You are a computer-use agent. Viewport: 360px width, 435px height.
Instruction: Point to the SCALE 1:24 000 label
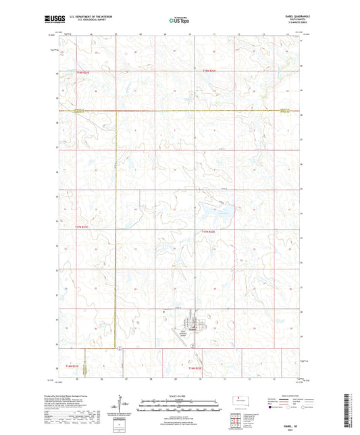(179, 395)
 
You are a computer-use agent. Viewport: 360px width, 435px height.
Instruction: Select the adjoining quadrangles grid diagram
(236, 420)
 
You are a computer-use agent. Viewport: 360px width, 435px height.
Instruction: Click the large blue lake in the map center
(220, 214)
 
